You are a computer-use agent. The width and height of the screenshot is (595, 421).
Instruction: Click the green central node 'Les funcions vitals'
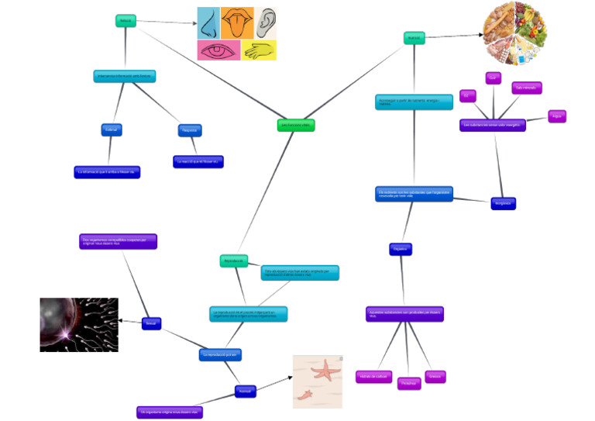pos(296,125)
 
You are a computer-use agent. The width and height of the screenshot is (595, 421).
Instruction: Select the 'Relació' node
pos(125,21)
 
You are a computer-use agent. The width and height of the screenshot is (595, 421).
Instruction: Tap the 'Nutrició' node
pos(414,37)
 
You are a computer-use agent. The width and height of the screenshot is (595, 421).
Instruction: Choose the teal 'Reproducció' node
pos(233,261)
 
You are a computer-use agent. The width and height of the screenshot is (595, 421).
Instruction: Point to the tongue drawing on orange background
pos(237,23)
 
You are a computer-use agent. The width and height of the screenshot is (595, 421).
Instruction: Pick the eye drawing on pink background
pos(218,50)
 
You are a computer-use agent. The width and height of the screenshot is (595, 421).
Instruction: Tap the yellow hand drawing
pos(259,50)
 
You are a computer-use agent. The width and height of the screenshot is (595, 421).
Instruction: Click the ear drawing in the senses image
pos(267,23)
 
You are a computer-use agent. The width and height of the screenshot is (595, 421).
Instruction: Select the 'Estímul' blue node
pos(112,129)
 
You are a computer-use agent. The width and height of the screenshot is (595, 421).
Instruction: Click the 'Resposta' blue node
pos(190,130)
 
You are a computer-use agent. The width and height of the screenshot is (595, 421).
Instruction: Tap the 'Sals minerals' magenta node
pos(527,88)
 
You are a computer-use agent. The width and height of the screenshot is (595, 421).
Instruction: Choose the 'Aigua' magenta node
pos(557,116)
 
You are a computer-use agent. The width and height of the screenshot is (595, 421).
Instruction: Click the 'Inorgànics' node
pos(503,203)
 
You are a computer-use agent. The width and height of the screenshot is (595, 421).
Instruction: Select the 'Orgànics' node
pos(401,249)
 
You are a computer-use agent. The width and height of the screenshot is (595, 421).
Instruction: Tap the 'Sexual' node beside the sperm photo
pos(151,323)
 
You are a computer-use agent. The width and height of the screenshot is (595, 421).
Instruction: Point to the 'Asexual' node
pos(246,392)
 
